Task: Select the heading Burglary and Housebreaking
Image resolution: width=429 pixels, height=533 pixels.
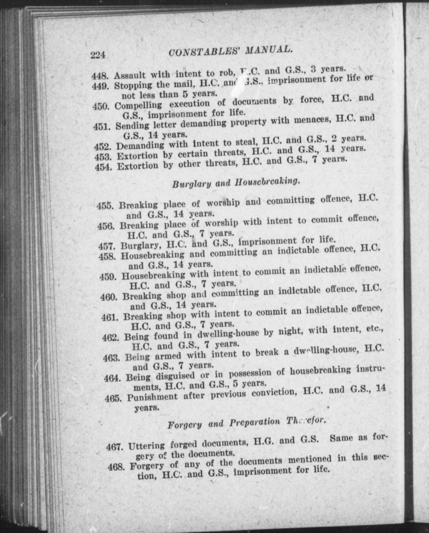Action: click(x=236, y=183)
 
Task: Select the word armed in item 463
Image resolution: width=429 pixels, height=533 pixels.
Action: click(x=168, y=356)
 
